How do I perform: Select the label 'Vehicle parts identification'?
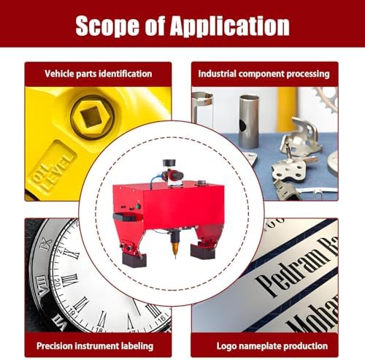coord(99,74)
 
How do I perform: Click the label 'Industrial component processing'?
coord(265,74)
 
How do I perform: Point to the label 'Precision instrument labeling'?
coord(99,345)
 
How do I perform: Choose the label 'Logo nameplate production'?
coord(265,345)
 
